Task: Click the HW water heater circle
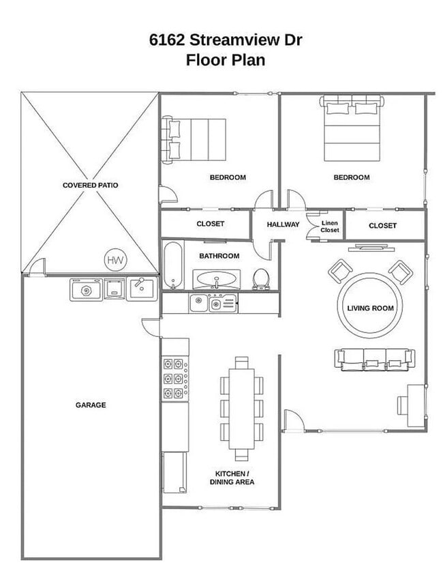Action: [x=115, y=260]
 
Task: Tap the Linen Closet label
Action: [x=330, y=227]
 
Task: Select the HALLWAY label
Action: [x=283, y=224]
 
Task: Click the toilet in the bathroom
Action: [x=261, y=279]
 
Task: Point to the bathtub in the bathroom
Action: [x=173, y=265]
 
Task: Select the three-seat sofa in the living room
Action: [x=375, y=360]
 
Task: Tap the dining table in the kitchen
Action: [x=242, y=409]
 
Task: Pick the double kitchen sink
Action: [x=213, y=303]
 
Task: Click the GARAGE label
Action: [x=91, y=405]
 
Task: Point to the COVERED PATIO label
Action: [x=91, y=185]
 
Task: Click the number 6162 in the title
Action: [x=167, y=40]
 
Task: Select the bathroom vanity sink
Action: [x=217, y=279]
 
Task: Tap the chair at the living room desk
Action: [x=403, y=406]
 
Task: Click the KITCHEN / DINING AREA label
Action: [x=232, y=478]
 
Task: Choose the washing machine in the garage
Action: [x=87, y=290]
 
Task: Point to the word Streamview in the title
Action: [x=235, y=40]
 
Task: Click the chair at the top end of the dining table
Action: [x=242, y=362]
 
